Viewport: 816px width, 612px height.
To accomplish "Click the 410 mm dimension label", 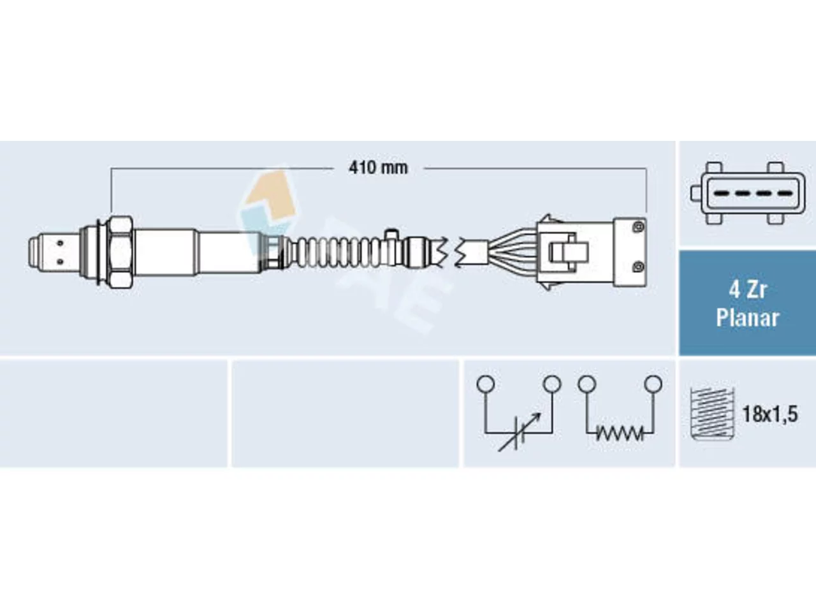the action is pos(378,168).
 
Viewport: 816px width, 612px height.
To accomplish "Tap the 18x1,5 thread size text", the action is pos(770,414).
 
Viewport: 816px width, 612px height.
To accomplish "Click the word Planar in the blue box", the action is pos(747,318).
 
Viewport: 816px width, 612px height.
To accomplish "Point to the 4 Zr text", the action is pos(748,290).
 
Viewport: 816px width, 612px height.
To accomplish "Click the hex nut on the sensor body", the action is pos(120,252).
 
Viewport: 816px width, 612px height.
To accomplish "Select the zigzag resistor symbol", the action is pos(620,433).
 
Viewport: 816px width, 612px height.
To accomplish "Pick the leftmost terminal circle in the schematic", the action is pos(486,384).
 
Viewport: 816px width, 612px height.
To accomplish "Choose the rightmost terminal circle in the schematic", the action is pos(653,384).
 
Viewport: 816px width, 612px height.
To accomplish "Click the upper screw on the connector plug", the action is pos(638,227).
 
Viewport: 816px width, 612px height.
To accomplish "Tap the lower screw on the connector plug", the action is pos(638,266).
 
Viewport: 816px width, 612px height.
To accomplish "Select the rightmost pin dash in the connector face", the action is pos(786,193).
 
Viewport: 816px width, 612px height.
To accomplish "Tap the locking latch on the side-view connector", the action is pos(569,252).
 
